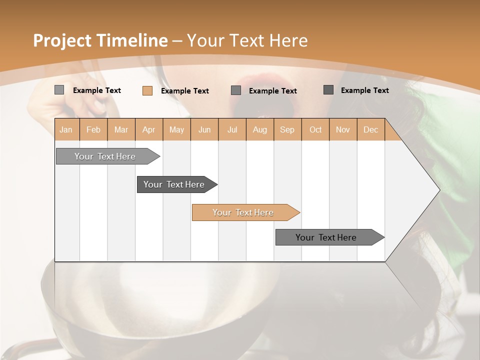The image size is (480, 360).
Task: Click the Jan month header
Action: coord(66,129)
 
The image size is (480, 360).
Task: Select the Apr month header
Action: coord(149,129)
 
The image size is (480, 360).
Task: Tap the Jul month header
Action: coord(232,129)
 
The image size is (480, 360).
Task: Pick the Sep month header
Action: coord(287,129)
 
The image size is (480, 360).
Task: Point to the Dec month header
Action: coord(370,129)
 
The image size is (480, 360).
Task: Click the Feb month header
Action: coord(93,129)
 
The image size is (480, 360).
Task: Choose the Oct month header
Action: coord(315,129)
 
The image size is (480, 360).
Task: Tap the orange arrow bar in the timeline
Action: coord(243,212)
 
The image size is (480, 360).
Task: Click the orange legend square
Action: coord(147,90)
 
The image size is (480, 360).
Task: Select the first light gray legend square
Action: coord(59,90)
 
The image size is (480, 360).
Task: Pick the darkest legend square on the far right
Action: coord(328,90)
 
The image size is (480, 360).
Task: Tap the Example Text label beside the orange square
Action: coord(185,91)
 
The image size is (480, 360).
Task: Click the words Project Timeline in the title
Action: coord(100,40)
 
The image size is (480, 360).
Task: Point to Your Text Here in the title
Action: coord(247,40)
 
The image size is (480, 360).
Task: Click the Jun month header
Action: coord(204,129)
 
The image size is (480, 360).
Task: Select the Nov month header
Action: coord(343,129)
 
